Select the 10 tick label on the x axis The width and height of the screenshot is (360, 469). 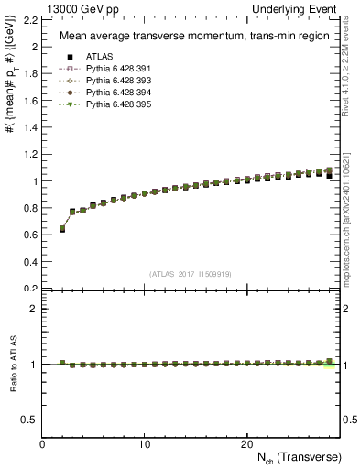click(x=145, y=443)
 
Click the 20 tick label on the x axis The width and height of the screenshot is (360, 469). click(x=246, y=443)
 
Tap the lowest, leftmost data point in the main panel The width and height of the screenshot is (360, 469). click(x=62, y=229)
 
